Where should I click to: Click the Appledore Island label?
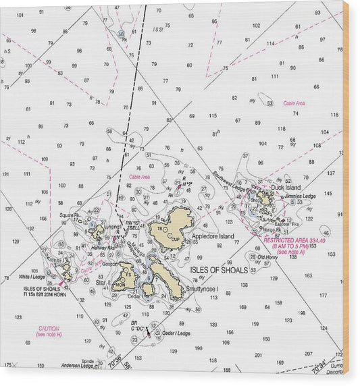coord(213,237)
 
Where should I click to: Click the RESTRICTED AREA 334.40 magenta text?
coord(294,241)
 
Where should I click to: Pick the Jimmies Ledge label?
coord(300,196)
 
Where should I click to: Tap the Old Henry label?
coord(267,257)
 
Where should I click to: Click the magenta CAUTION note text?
coord(47,329)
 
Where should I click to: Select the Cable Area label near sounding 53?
coord(294,103)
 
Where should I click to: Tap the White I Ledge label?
coord(32,277)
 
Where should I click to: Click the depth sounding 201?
coord(258,354)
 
